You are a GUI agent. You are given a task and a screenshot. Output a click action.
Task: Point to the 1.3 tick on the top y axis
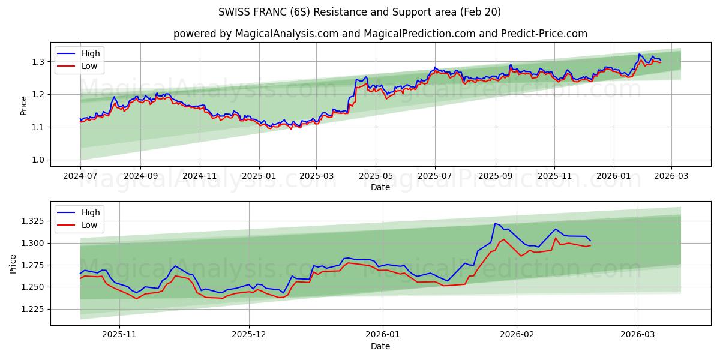coord(37,62)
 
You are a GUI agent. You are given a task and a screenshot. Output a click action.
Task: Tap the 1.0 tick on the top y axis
coord(37,160)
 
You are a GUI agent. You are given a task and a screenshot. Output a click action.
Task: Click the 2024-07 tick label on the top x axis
coord(80,176)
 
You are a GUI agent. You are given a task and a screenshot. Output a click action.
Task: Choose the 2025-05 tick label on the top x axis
coord(376,176)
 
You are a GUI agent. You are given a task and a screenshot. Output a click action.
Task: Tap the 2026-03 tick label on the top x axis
coord(671,176)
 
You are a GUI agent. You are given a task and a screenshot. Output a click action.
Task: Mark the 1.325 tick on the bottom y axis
coord(33,221)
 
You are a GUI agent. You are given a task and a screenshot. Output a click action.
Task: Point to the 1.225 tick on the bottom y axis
coord(33,309)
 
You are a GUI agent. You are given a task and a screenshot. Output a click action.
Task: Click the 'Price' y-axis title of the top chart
coord(23,106)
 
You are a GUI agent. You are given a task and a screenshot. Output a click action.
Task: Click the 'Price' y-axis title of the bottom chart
coord(13,263)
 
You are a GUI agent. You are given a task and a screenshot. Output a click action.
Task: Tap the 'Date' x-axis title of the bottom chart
coord(380,346)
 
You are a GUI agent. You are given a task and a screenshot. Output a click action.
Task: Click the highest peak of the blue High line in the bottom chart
coord(495,224)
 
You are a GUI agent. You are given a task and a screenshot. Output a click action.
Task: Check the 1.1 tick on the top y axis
coord(37,127)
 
